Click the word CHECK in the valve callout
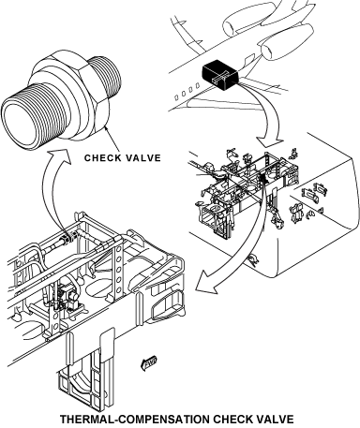[103, 158]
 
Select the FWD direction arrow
[149, 362]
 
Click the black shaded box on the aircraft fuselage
[220, 76]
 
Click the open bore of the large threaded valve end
[22, 124]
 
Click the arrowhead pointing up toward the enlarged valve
[59, 155]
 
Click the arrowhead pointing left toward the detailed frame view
[207, 282]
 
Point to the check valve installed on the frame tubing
[67, 237]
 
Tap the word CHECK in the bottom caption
[238, 420]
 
